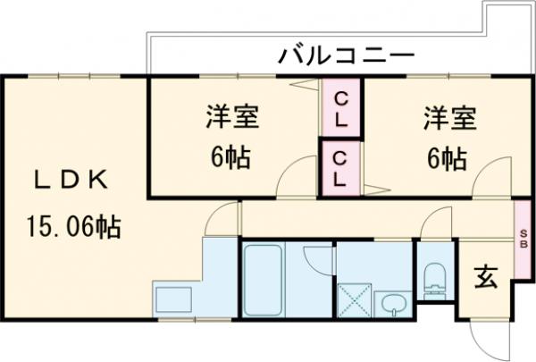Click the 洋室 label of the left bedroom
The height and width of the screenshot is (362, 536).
click(x=232, y=116)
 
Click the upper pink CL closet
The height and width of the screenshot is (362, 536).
click(x=340, y=106)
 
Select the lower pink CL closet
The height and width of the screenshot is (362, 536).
click(x=340, y=167)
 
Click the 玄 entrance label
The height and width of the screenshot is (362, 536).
click(x=485, y=279)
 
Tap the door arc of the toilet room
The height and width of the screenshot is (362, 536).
click(x=436, y=224)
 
